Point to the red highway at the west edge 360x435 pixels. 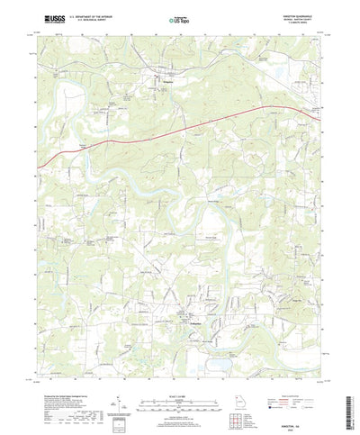pos(43,163)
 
